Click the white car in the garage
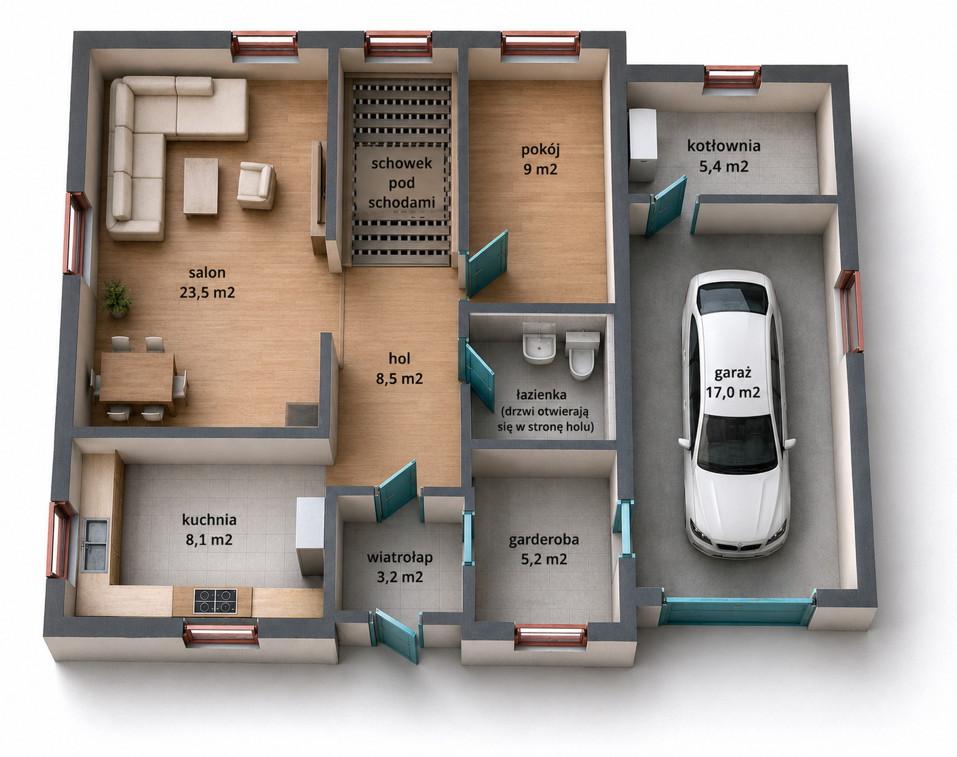coord(736,413)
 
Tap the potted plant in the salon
coord(116,298)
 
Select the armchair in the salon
coord(256,185)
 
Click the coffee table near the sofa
coord(201,188)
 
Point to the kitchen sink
coord(95,545)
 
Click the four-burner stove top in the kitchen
coord(215,601)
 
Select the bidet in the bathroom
coord(539,343)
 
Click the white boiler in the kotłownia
coord(643,145)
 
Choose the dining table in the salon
coord(137,378)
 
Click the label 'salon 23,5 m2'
coord(207,282)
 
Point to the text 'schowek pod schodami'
coord(401,182)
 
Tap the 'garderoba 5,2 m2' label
coord(544,549)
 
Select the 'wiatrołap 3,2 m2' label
coord(400,567)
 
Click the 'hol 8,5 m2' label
coord(399,368)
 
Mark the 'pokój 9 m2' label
coord(540,159)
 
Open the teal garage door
coord(737,612)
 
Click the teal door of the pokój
coord(488,263)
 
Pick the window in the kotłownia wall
coord(732,77)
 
